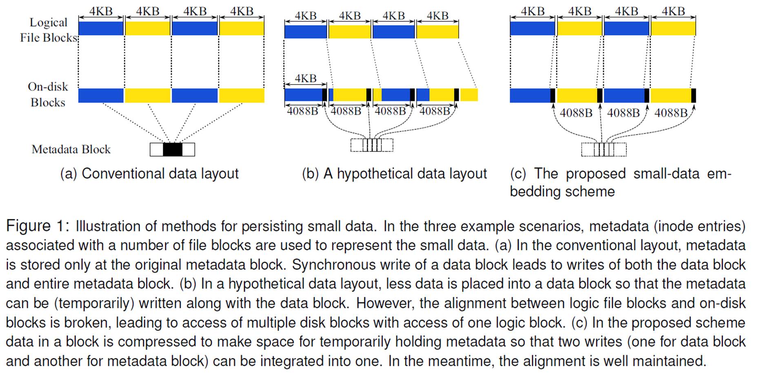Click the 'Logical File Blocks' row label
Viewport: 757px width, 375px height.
click(49, 30)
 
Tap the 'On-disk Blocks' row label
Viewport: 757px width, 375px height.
click(48, 94)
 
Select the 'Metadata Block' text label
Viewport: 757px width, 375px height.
click(71, 149)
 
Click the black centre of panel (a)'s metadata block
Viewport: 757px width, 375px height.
click(172, 150)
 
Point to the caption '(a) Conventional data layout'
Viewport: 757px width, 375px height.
click(149, 174)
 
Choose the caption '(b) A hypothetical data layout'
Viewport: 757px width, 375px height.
click(394, 174)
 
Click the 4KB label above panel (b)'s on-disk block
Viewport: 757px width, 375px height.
click(306, 78)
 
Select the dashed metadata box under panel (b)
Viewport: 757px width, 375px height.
click(372, 145)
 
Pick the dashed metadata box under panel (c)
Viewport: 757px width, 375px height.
click(604, 149)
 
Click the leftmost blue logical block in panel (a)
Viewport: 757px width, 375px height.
click(101, 28)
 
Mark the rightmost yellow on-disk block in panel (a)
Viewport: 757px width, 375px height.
click(242, 95)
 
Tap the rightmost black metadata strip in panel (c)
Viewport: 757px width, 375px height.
click(693, 95)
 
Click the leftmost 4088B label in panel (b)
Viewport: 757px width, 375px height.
click(302, 111)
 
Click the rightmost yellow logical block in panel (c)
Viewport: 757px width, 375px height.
click(673, 28)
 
